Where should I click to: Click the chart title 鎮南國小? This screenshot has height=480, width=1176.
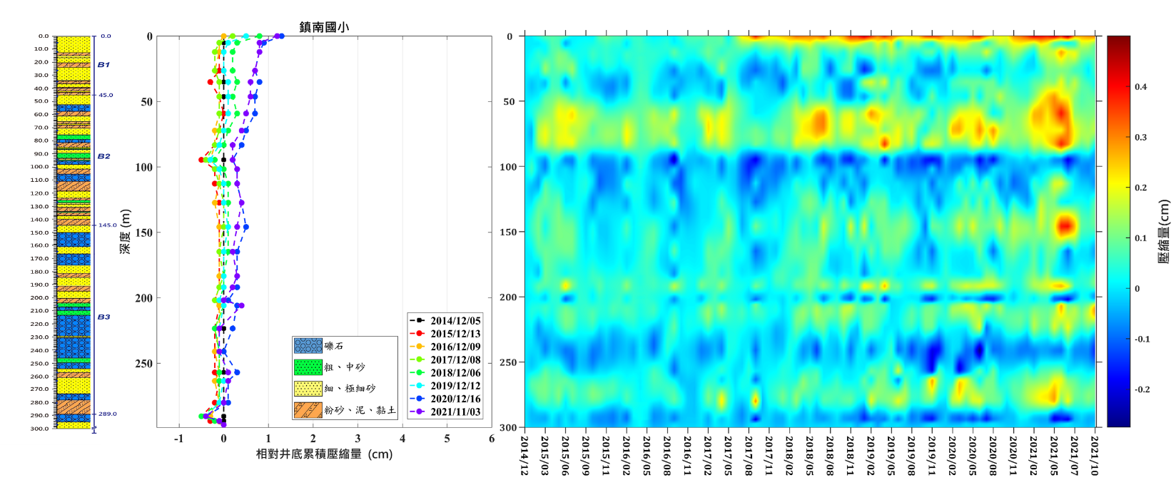(324, 27)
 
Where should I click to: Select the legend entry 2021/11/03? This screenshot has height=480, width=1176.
(455, 412)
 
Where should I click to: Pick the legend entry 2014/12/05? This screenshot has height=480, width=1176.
(455, 320)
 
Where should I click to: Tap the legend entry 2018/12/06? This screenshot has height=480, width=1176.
(455, 372)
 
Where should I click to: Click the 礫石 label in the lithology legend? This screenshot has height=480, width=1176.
(334, 346)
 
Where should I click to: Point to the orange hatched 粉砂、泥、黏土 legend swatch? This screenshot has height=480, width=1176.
(308, 410)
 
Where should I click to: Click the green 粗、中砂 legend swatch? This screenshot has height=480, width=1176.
(308, 367)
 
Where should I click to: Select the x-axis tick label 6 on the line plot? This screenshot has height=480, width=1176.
(492, 439)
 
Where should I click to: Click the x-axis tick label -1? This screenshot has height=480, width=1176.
(179, 439)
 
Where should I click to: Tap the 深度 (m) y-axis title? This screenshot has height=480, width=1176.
(126, 231)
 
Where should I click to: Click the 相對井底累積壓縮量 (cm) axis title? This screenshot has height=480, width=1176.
(324, 454)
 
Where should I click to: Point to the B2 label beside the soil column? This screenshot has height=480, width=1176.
(103, 156)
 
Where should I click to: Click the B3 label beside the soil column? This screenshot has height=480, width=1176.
(103, 317)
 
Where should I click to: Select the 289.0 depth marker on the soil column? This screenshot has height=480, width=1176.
(108, 414)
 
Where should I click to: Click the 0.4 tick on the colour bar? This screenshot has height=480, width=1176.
(1141, 87)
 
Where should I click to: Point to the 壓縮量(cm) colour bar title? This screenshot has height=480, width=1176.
(1164, 232)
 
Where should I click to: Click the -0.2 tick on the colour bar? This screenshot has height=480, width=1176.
(1142, 389)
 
